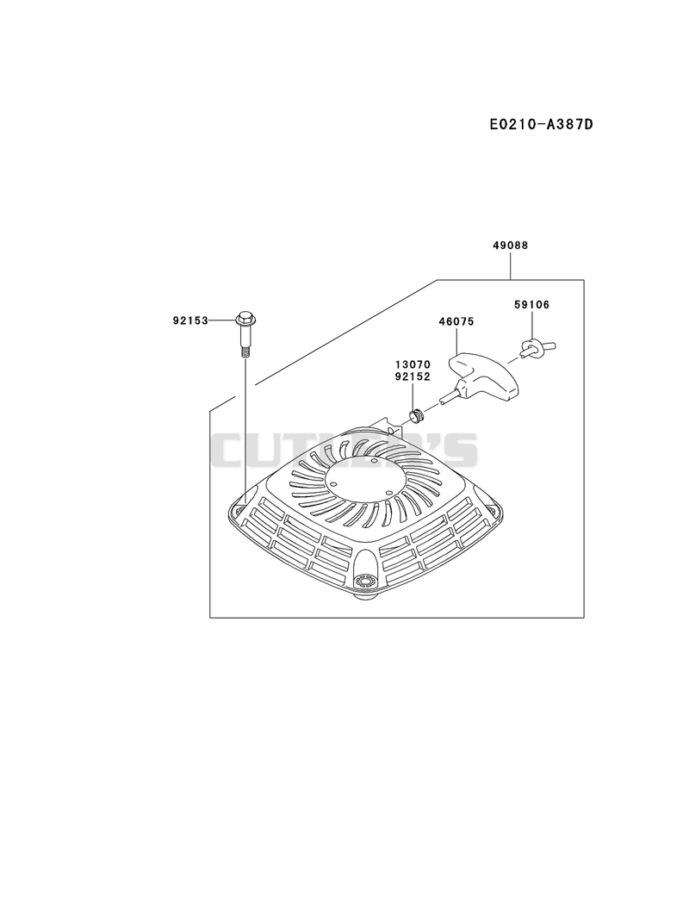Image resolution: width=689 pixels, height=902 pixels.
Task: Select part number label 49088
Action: click(x=510, y=246)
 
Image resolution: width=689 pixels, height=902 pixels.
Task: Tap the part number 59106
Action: click(x=531, y=305)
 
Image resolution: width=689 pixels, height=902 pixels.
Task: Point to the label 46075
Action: click(x=456, y=322)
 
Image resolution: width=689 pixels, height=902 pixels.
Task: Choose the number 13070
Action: click(x=413, y=364)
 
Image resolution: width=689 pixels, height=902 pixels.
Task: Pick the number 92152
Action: click(x=413, y=376)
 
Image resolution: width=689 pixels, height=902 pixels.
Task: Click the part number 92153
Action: click(x=189, y=320)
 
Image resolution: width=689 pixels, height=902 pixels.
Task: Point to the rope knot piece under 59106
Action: click(x=533, y=348)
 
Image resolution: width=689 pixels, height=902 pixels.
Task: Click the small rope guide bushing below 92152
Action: click(x=415, y=414)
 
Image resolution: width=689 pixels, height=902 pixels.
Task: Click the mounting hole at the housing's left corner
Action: click(x=236, y=508)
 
